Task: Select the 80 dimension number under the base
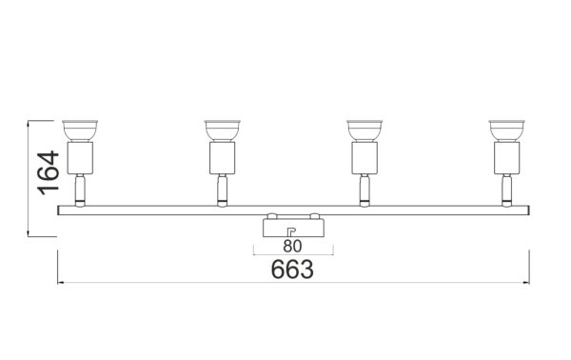[292, 245]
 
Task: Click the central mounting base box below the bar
[292, 228]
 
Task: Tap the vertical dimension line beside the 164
[30, 178]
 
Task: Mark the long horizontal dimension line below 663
[292, 282]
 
